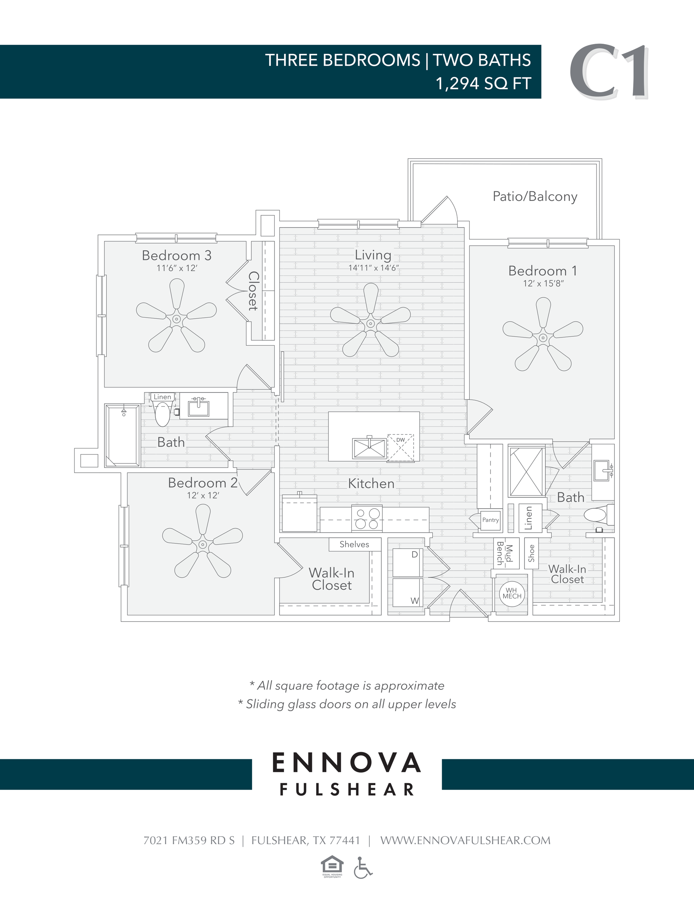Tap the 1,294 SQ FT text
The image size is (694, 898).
483,83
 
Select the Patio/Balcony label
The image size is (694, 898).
535,197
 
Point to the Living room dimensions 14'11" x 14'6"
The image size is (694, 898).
373,268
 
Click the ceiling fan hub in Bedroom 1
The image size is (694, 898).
543,338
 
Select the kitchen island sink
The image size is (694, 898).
369,448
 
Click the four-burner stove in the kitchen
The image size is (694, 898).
367,519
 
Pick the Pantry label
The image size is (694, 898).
490,520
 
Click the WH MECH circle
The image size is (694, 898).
512,593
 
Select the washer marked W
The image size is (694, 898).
407,593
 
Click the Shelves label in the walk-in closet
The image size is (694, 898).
354,544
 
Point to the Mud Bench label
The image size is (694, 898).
504,554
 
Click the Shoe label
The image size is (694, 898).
531,554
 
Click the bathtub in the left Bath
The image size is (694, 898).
123,435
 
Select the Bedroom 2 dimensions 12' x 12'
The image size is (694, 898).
203,495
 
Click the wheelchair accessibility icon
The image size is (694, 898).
363,868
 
